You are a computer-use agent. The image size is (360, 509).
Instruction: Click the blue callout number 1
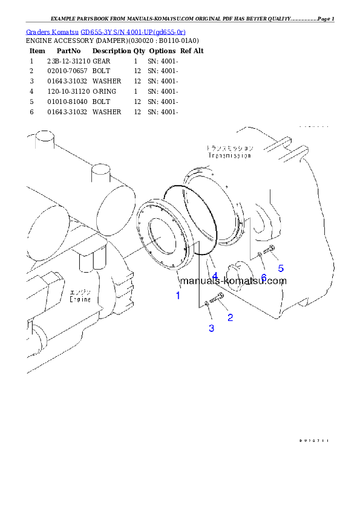pos(178,296)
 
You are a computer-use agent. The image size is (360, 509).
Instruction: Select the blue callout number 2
pos(230,317)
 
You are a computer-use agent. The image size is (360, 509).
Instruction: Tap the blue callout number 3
pos(211,328)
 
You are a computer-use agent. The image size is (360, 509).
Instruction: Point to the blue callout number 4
pos(215,276)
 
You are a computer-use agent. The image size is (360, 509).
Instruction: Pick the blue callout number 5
pos(281,268)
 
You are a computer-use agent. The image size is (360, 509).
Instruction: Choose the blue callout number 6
pos(263,277)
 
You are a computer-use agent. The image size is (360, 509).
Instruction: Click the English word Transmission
pos(229,155)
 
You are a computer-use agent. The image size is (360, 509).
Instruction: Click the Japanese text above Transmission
pos(229,148)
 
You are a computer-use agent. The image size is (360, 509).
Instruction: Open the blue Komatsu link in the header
pos(106,31)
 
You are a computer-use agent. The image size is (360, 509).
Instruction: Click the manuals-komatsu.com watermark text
pos(224,280)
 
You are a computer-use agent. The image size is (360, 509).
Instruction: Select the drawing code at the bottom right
pos(313,441)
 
